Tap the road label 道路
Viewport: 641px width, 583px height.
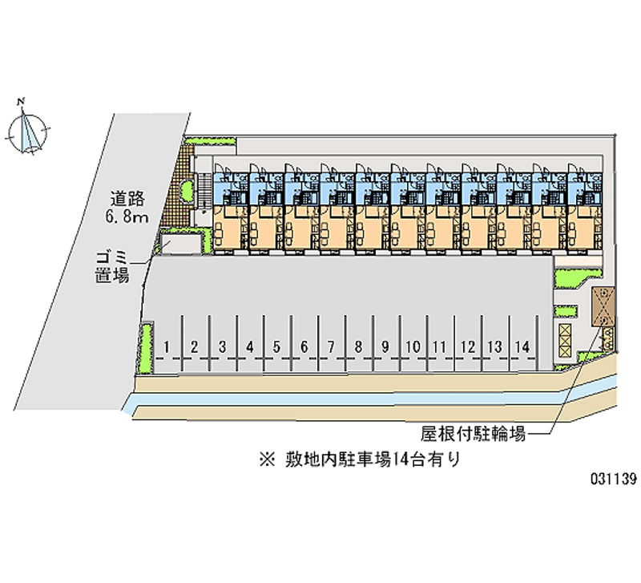coord(127,199)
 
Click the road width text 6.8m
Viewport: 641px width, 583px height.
coord(127,217)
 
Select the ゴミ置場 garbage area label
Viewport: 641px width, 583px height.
coord(112,267)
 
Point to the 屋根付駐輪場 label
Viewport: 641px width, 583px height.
coord(473,434)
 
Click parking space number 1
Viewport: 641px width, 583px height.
coord(167,347)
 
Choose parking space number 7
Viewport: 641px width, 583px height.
coord(331,347)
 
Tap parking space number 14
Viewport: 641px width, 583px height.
coord(522,347)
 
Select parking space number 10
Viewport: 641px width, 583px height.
coord(413,347)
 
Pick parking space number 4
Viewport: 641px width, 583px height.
coord(249,347)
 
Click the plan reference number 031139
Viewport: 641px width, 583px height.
coord(613,478)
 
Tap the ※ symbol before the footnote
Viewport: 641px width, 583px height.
coord(268,460)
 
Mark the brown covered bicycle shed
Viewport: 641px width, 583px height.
coord(603,306)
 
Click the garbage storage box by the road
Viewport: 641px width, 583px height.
coord(180,243)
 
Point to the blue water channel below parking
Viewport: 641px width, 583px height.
coord(368,398)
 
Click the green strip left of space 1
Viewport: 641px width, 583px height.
coord(146,348)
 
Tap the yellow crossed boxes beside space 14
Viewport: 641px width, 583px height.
coord(565,340)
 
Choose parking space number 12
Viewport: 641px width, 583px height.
coord(468,347)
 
